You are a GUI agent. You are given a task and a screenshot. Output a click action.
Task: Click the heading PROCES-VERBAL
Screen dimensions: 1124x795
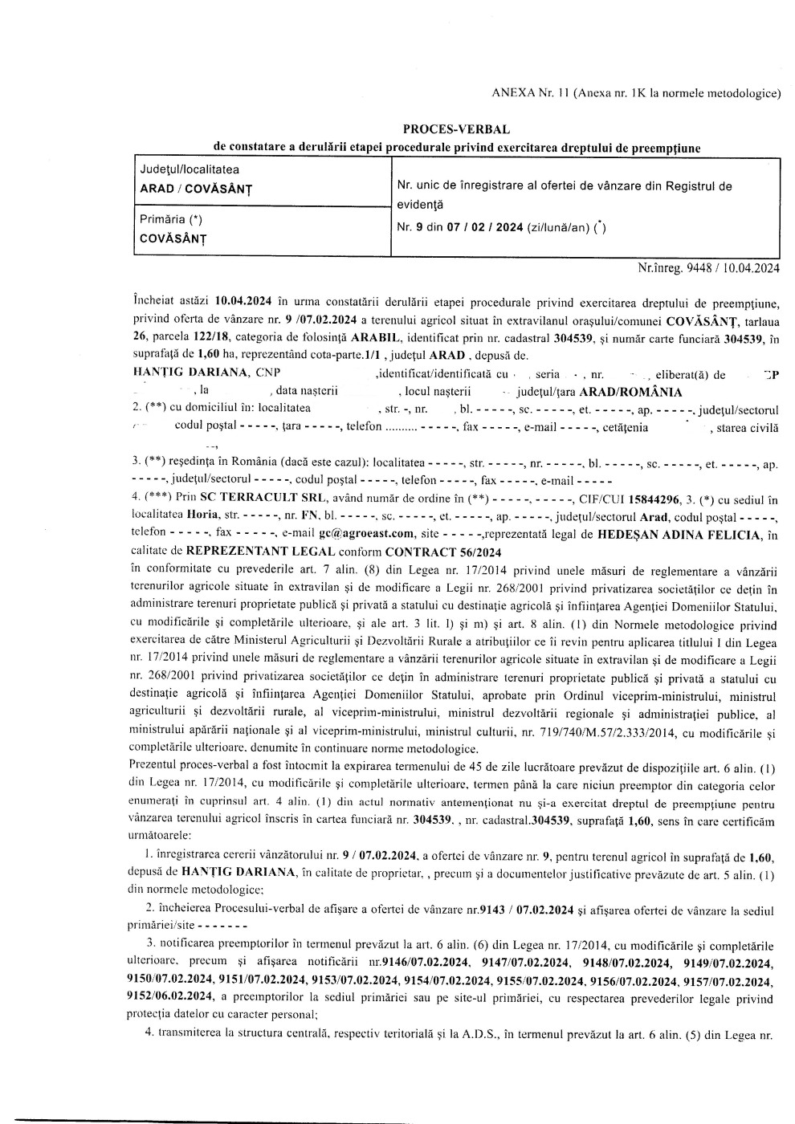tap(456, 129)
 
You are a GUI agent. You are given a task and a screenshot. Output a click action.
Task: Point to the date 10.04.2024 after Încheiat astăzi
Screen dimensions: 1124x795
tap(244, 303)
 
